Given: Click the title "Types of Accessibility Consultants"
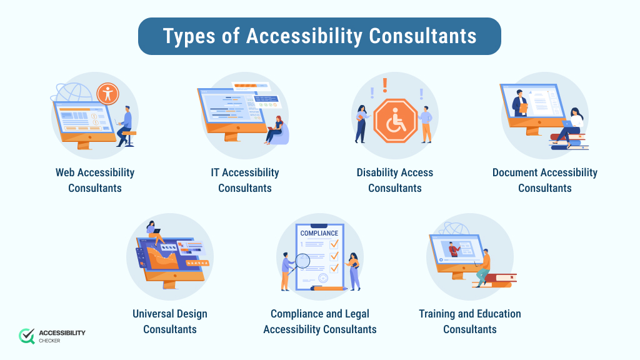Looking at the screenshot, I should point(319,36).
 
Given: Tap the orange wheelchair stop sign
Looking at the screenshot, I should point(395,121).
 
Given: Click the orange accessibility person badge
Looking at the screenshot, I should point(109,94).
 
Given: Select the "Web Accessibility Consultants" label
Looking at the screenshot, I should point(95,180).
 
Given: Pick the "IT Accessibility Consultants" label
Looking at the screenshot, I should point(245,180).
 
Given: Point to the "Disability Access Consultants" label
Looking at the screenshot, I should point(395,180).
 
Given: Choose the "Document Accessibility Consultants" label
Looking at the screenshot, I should point(545,180).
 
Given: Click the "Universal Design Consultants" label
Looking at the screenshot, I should point(170,321).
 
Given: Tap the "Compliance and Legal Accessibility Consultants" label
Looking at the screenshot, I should point(320,321).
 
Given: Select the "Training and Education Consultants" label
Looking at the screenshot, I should point(470,321).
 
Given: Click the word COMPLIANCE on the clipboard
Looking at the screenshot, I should point(319,234).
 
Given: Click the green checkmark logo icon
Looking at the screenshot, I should point(27,336).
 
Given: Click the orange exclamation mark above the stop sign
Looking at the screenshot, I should point(385,84).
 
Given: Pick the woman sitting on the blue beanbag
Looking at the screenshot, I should point(277,131).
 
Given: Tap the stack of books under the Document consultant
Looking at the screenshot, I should point(569,143).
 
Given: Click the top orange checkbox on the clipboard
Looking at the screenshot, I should point(334,244).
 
